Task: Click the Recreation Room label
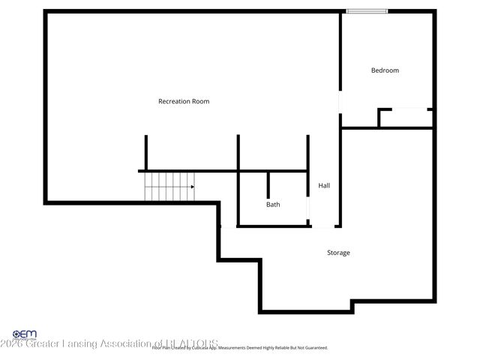184,101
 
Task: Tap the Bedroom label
385,70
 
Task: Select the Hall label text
324,185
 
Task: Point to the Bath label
273,204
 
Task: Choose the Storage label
338,253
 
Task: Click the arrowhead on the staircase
193,186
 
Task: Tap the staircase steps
169,187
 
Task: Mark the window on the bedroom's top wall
367,10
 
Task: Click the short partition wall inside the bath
268,185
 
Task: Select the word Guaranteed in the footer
314,348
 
